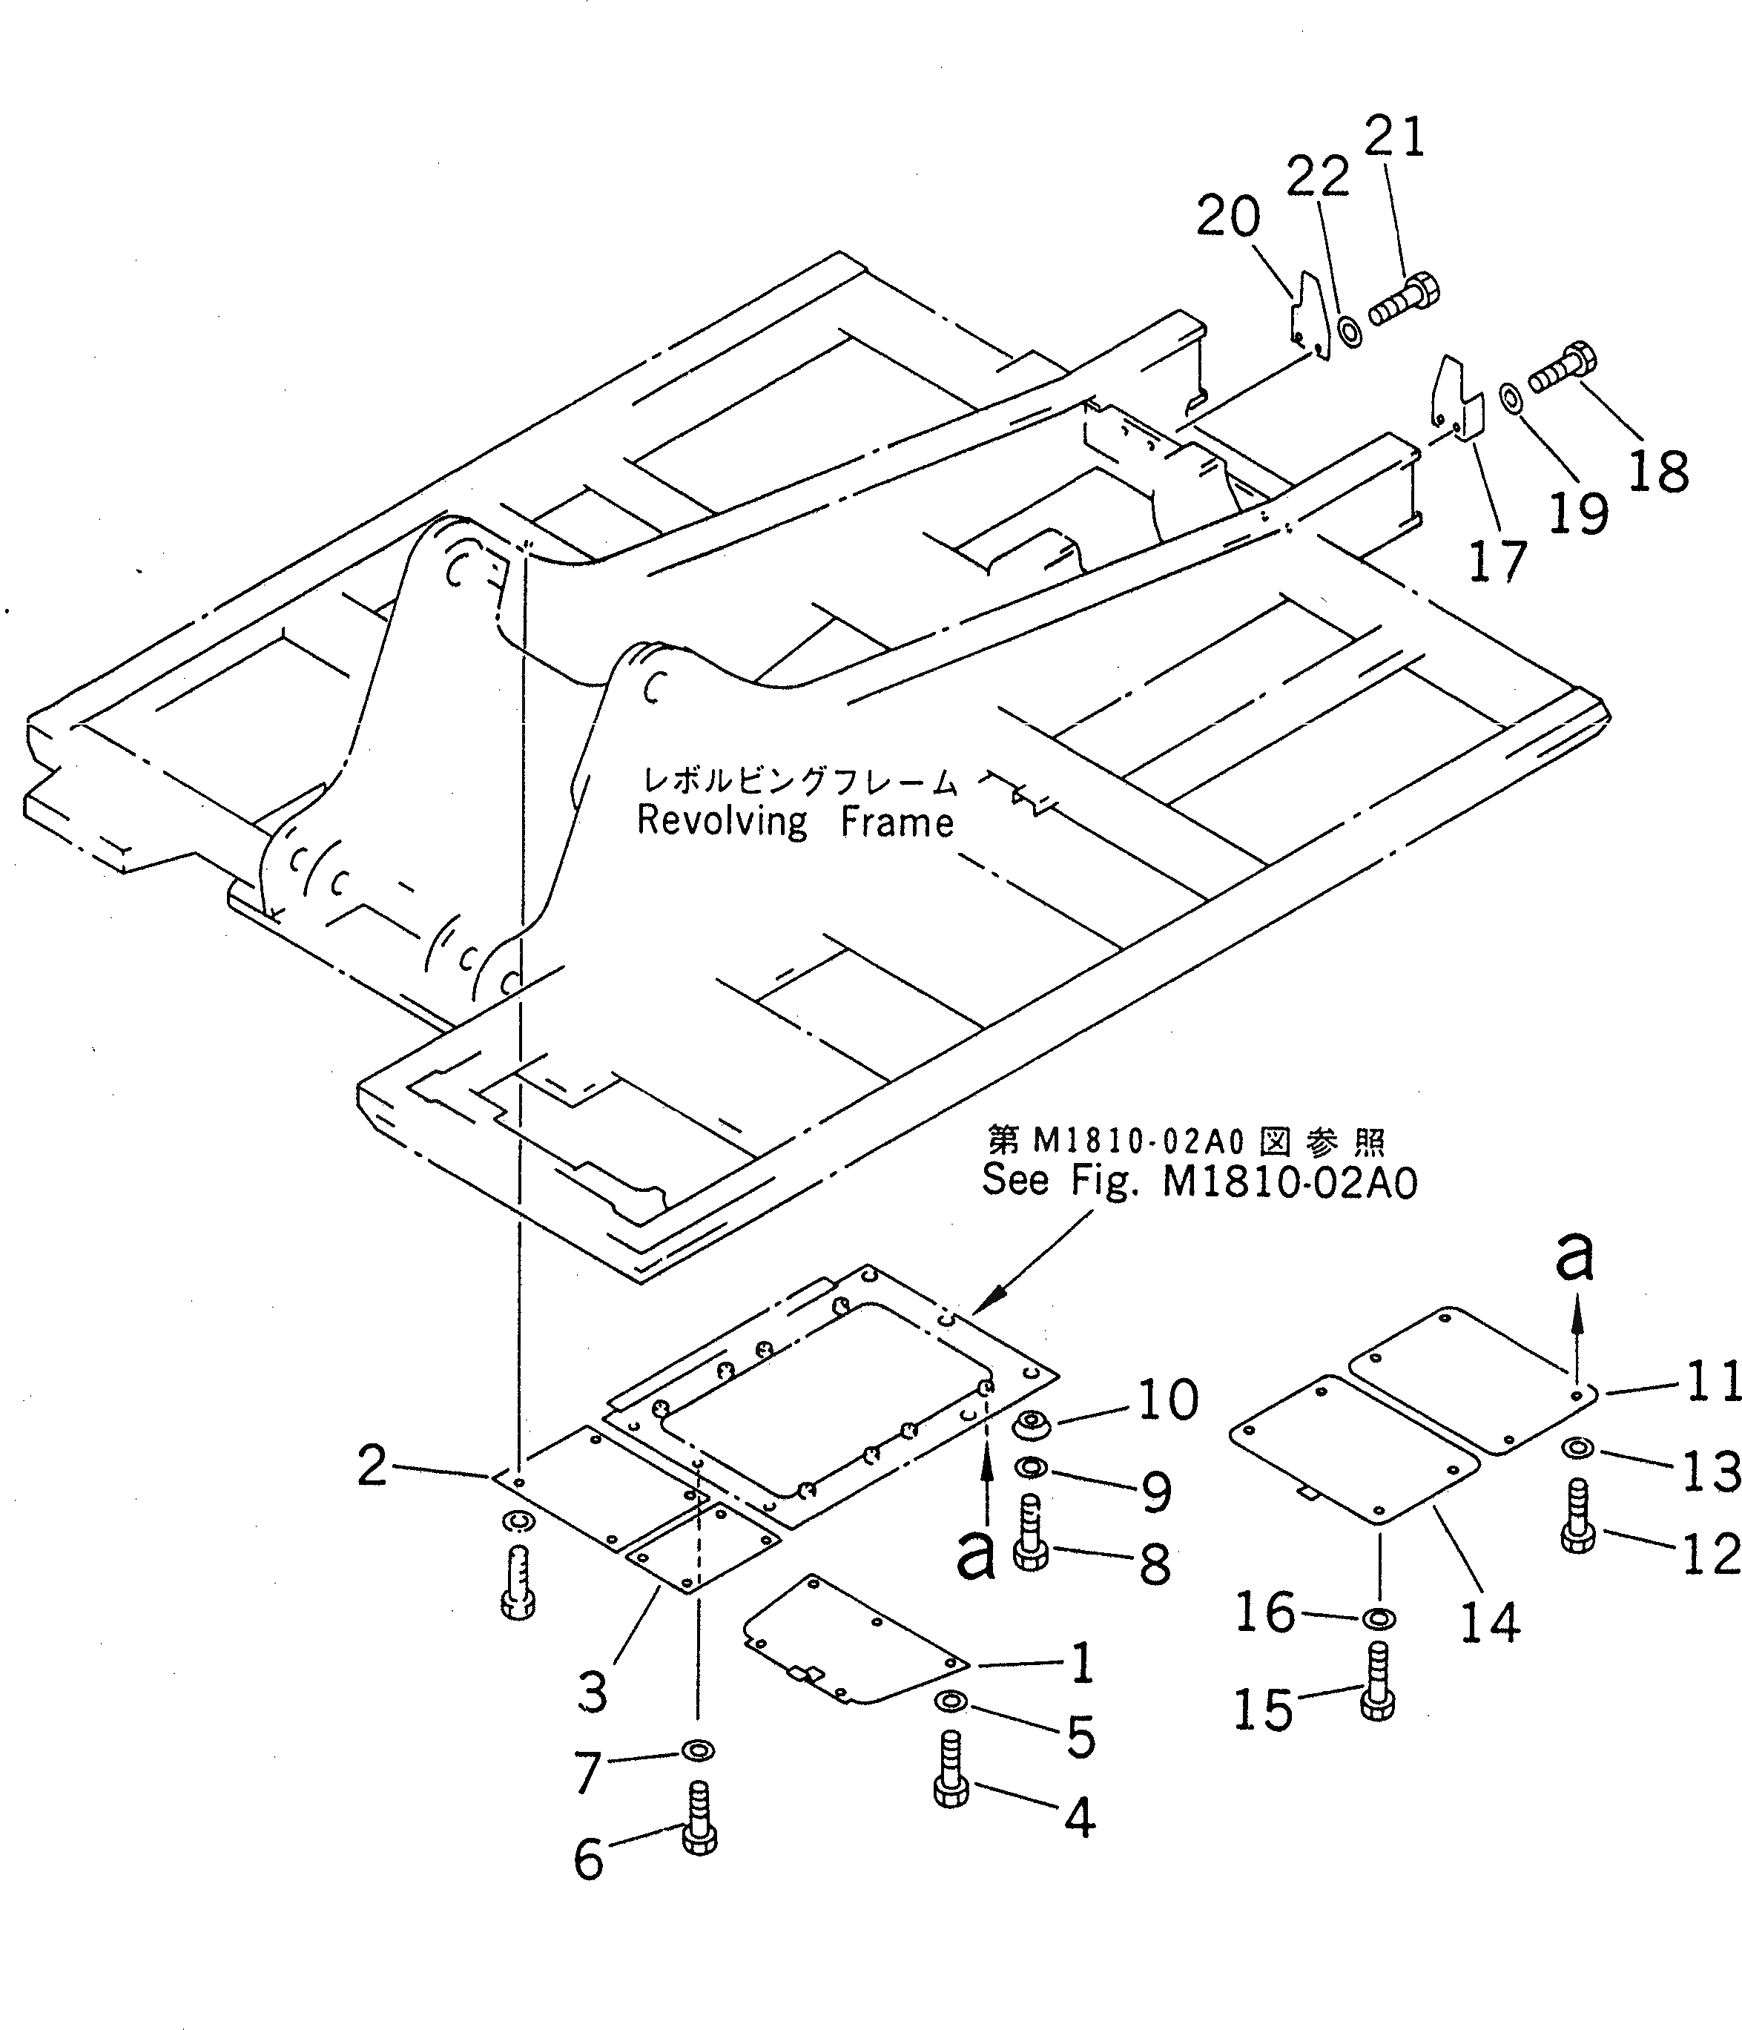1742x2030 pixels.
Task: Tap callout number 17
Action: pyautogui.click(x=1497, y=561)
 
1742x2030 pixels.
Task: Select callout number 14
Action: pyautogui.click(x=1489, y=1622)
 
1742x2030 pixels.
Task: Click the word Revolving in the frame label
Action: pyautogui.click(x=722, y=821)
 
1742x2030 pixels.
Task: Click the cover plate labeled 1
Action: pyautogui.click(x=852, y=1654)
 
